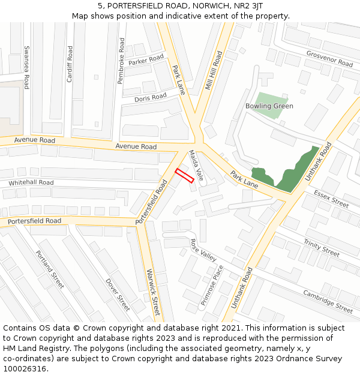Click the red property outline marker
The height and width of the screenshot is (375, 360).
click(x=184, y=175)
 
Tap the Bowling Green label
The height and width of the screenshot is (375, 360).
click(x=269, y=106)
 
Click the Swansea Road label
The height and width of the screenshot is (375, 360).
click(x=26, y=67)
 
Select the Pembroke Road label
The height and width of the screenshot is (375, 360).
click(x=122, y=61)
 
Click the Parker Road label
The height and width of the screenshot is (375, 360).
click(x=146, y=60)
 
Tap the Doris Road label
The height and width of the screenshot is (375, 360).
click(x=151, y=98)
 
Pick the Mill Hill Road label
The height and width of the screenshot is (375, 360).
click(x=213, y=71)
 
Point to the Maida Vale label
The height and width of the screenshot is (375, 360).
click(x=196, y=166)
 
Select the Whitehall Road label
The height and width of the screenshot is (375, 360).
click(x=31, y=182)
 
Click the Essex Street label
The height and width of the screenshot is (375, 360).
click(x=331, y=199)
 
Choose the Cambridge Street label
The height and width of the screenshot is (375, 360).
click(x=328, y=302)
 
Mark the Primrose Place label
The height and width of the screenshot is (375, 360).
click(x=212, y=286)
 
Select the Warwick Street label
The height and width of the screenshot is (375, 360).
click(x=153, y=292)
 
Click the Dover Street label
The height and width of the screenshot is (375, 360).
click(x=118, y=294)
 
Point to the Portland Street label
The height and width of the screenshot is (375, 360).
click(x=49, y=269)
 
